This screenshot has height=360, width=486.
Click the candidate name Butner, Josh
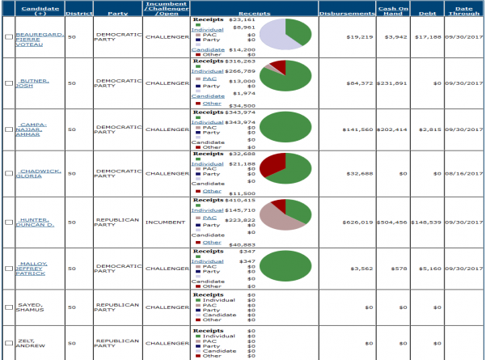[x=33, y=83]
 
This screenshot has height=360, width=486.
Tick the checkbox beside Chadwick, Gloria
[x=8, y=173]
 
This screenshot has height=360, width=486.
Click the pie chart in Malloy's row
[x=285, y=268]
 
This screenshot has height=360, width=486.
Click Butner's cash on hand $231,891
[x=392, y=83]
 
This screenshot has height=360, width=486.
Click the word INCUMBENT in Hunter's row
[x=166, y=222]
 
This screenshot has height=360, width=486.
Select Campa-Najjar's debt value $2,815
[x=429, y=129]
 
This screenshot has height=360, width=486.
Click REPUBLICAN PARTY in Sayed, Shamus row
[x=117, y=307]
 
